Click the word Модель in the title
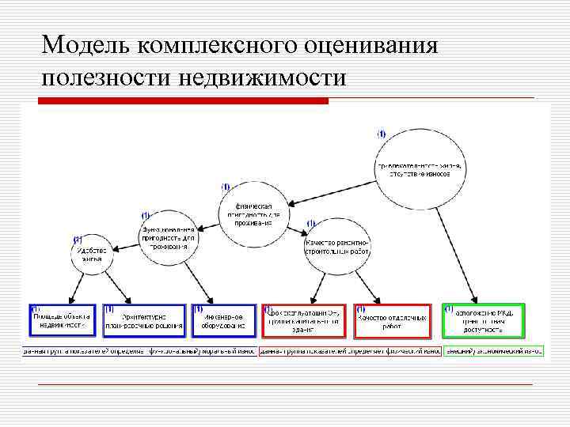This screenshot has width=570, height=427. point(86,44)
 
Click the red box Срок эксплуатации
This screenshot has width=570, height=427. point(303,320)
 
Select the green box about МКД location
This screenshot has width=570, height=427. point(484,320)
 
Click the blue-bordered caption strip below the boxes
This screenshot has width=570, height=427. point(139,350)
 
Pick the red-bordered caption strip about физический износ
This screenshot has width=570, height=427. point(350,350)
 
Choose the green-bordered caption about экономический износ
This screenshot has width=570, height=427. point(494,350)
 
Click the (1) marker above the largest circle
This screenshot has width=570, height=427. point(382,134)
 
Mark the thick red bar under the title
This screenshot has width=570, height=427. point(184,101)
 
